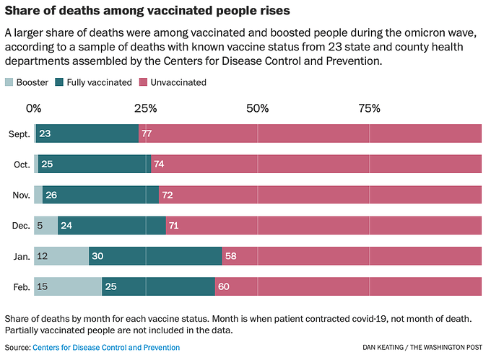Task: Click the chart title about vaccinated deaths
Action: click(x=147, y=11)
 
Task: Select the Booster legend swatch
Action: click(x=9, y=82)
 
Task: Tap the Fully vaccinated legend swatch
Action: click(x=59, y=82)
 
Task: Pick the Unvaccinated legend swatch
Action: click(x=143, y=82)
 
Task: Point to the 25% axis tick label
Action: click(x=146, y=108)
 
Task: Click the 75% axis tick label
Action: click(x=369, y=108)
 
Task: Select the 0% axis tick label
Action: click(x=33, y=108)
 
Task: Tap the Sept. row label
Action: click(x=19, y=134)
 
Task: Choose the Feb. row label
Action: click(x=22, y=287)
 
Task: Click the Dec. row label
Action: click(x=21, y=226)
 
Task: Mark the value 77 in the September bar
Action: click(x=147, y=133)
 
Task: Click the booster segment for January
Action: click(x=61, y=256)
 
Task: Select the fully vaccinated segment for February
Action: click(x=158, y=286)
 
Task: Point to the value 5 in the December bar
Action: click(x=40, y=225)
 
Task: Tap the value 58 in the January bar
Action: click(x=231, y=256)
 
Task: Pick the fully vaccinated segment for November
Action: click(x=101, y=195)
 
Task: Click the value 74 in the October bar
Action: click(x=159, y=164)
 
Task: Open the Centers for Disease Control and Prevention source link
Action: click(x=106, y=348)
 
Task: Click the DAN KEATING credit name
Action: click(x=383, y=348)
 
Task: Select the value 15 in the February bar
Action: click(x=43, y=286)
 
